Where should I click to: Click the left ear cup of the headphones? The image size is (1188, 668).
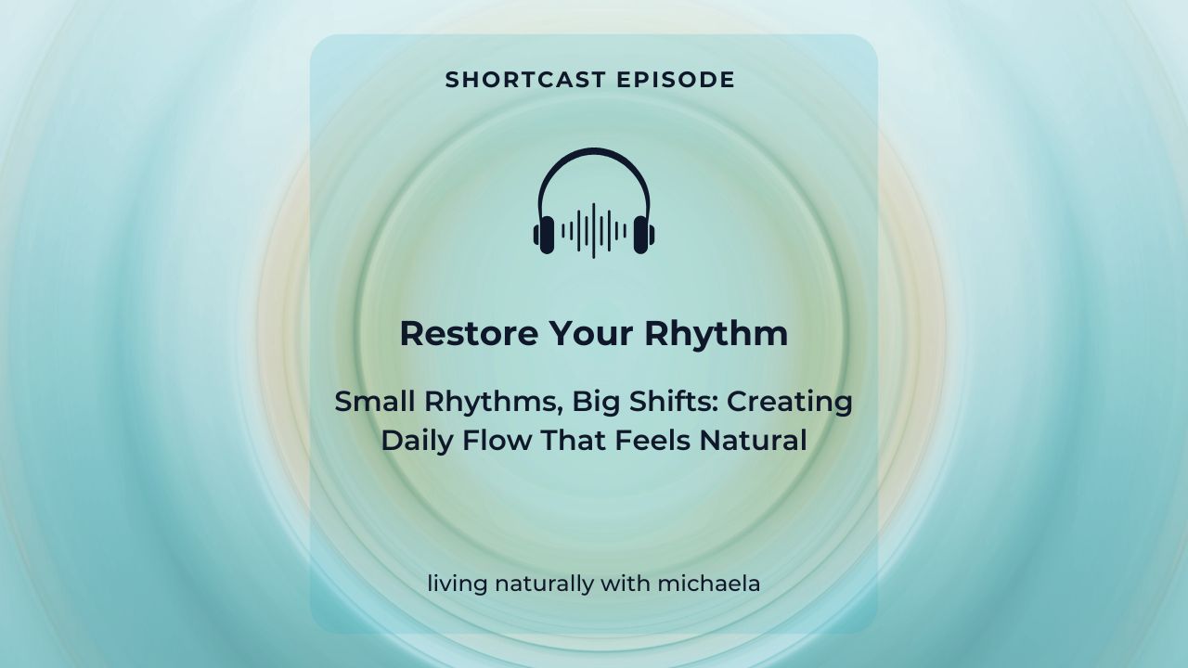click(544, 233)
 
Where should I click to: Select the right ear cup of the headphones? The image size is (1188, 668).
click(644, 233)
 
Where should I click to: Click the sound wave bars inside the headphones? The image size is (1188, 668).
click(594, 229)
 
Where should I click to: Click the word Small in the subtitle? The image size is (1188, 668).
click(373, 402)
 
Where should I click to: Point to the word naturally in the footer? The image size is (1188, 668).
click(538, 584)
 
